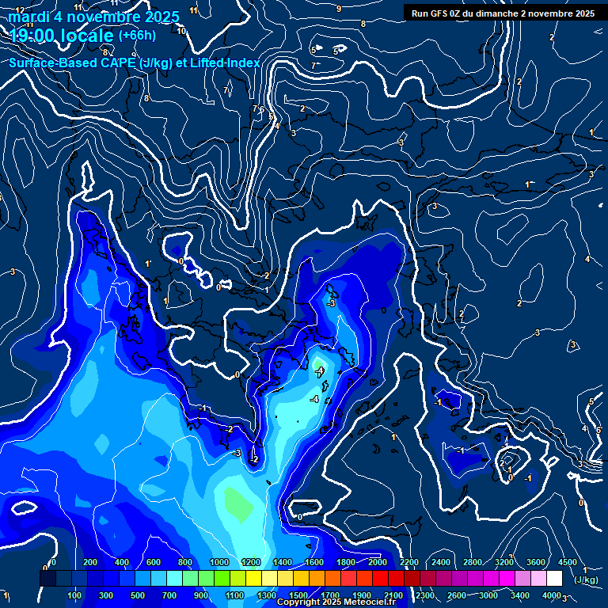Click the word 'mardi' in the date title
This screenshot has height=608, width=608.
pyautogui.click(x=28, y=17)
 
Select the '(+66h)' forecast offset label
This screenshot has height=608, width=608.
pyautogui.click(x=137, y=36)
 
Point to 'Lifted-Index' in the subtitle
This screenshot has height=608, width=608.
pyautogui.click(x=225, y=63)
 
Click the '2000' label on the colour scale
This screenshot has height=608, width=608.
pyautogui.click(x=378, y=562)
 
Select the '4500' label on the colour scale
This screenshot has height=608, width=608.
pyautogui.click(x=568, y=562)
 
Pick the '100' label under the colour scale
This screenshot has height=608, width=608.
pyautogui.click(x=75, y=595)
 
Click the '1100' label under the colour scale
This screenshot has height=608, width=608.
pyautogui.click(x=235, y=595)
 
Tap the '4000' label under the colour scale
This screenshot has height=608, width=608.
pyautogui.click(x=553, y=595)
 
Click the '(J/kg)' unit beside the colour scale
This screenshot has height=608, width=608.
pyautogui.click(x=587, y=580)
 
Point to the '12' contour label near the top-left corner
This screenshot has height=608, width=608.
pyautogui.click(x=20, y=10)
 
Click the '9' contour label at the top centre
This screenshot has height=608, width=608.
pyautogui.click(x=339, y=9)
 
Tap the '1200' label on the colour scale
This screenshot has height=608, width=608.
pyautogui.click(x=251, y=562)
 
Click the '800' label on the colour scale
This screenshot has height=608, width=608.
pyautogui.click(x=185, y=562)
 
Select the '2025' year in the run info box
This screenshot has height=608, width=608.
pyautogui.click(x=584, y=13)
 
